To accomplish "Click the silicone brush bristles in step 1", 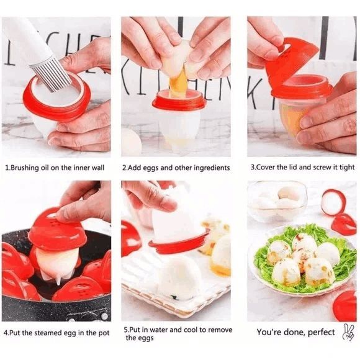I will pyautogui.click(x=51, y=73).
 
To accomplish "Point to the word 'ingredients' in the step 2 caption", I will pyautogui.click(x=210, y=168).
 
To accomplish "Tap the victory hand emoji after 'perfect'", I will pyautogui.click(x=348, y=331).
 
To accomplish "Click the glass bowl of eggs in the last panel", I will pyautogui.click(x=277, y=201).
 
